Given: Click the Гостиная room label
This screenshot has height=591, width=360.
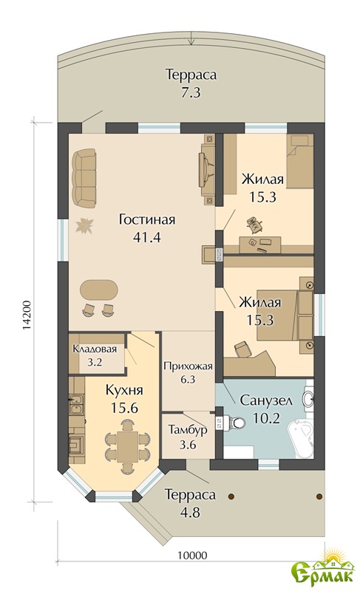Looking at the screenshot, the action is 146,219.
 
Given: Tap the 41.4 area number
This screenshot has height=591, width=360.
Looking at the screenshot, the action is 146,237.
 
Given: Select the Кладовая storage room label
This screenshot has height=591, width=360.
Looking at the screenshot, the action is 95,349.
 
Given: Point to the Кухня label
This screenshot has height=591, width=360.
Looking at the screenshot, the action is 124,390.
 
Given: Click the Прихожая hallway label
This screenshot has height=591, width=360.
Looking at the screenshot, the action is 188,366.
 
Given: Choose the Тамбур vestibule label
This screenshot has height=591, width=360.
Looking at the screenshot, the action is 188,430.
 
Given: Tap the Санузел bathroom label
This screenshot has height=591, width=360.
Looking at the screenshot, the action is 266,400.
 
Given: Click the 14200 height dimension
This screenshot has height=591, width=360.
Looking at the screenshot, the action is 27,315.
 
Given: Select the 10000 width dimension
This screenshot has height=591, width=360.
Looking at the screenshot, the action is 192,556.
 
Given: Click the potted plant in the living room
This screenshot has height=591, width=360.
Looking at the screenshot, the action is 84,226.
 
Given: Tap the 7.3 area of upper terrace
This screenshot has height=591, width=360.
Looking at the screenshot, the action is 191,92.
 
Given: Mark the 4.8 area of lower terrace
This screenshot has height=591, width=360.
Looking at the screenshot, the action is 191,512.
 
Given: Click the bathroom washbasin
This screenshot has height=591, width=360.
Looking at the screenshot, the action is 308,399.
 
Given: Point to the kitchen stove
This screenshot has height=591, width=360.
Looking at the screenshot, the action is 77,443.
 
